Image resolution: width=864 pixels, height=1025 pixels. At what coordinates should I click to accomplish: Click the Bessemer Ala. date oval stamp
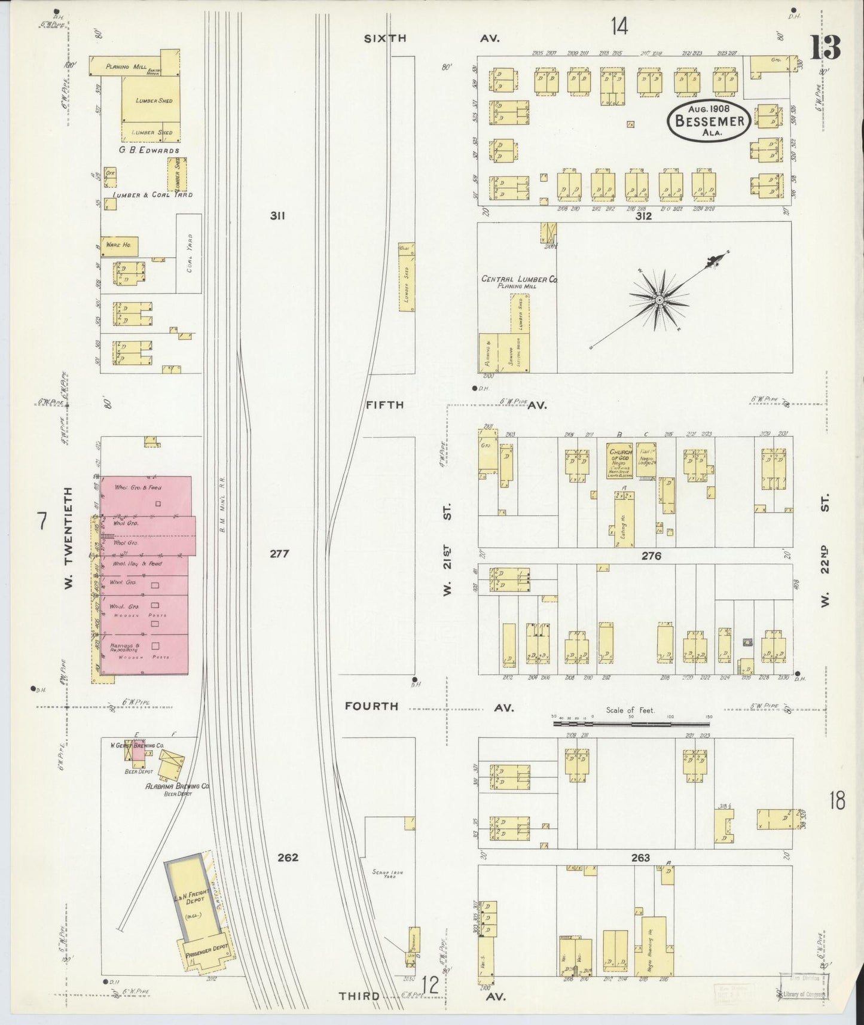(x=710, y=121)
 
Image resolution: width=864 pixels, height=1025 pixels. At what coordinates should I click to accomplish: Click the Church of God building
(x=619, y=460)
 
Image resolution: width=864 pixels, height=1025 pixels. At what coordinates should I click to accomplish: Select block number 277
(x=279, y=554)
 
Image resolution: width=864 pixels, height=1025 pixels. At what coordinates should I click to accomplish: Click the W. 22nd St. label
(x=826, y=550)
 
